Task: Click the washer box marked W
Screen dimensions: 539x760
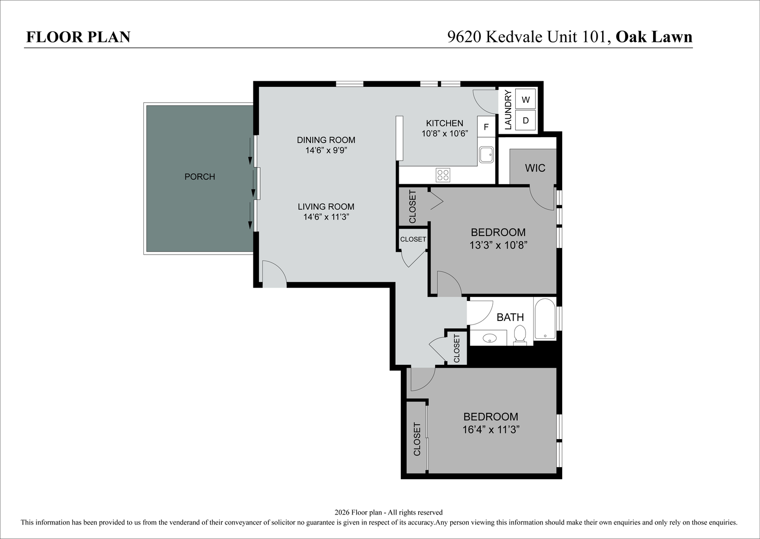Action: pos(525,99)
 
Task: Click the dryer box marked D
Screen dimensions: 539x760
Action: pos(525,120)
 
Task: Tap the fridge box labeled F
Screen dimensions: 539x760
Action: pos(486,127)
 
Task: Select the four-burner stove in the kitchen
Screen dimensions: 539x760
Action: pos(443,175)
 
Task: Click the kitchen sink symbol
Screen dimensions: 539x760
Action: pos(486,155)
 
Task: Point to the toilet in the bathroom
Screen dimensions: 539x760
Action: pos(520,334)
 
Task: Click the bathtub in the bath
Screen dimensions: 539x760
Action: pos(545,319)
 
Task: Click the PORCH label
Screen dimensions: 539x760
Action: pos(199,177)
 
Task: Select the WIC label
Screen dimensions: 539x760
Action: pos(535,168)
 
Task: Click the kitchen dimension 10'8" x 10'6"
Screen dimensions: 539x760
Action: pos(445,134)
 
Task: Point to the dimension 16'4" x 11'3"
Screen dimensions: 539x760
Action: pos(491,430)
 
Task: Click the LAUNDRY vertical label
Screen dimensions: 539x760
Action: pos(508,110)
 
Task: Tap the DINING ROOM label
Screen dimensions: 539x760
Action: pos(326,140)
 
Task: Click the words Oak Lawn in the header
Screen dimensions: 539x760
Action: pos(654,37)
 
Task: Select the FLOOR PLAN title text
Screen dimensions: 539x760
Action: pos(78,37)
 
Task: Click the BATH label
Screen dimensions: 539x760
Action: pos(510,317)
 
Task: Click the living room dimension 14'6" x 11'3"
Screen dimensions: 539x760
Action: pos(326,217)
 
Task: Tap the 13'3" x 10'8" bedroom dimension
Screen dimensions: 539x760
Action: pos(498,245)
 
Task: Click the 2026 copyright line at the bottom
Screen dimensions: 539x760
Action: pos(388,512)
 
